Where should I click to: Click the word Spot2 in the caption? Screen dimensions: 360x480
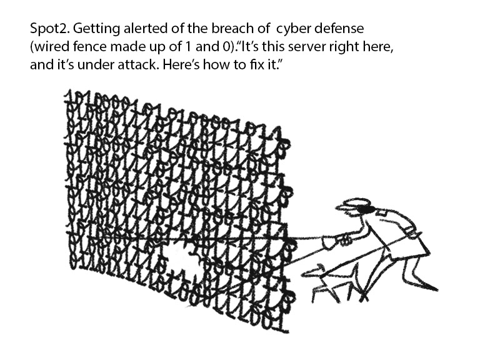(45, 29)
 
